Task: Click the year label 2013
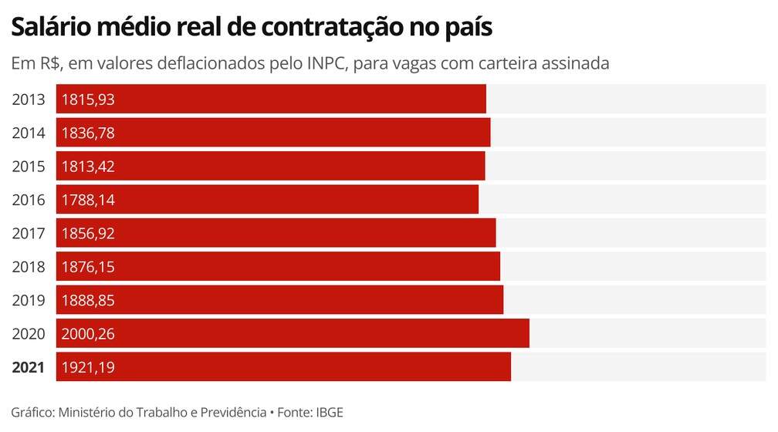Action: tap(29, 100)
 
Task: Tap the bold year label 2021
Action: tap(29, 367)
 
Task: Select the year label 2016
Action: tap(29, 200)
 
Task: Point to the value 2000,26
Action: tap(89, 334)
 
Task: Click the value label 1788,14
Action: tap(89, 200)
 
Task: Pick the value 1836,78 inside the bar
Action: tap(89, 133)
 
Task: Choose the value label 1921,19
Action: tap(89, 367)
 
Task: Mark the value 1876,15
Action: tap(89, 267)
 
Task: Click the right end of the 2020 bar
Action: tap(527, 333)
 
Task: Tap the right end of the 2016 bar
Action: tap(476, 200)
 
